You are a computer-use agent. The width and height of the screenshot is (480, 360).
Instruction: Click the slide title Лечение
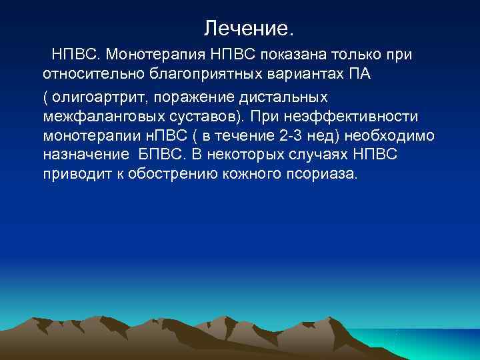(248, 29)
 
